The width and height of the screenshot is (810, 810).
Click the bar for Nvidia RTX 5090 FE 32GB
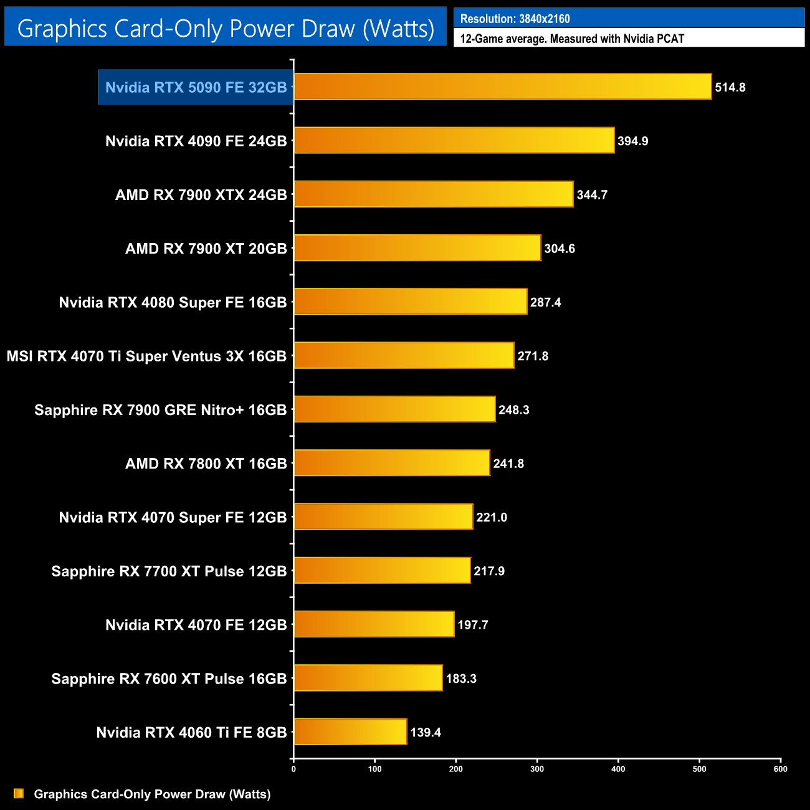tap(502, 87)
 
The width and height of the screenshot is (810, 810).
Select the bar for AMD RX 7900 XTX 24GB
tap(433, 194)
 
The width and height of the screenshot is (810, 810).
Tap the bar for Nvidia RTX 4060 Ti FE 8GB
tap(350, 731)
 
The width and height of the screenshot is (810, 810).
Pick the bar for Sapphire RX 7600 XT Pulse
tap(368, 678)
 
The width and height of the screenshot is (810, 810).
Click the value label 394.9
tap(632, 141)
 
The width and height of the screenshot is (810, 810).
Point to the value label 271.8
tap(533, 356)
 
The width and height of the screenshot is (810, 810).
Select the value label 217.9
tap(489, 571)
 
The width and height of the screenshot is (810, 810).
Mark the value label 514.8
tap(730, 87)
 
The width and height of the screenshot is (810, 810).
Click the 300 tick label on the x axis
tap(537, 769)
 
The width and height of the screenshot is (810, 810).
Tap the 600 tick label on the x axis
tap(780, 769)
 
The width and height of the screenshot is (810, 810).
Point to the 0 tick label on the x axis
tap(293, 769)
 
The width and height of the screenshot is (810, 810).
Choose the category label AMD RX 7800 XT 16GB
tap(206, 464)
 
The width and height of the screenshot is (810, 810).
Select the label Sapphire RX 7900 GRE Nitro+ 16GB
tap(160, 410)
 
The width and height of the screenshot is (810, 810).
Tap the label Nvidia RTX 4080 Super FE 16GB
tap(173, 303)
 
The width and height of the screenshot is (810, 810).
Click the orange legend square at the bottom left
tap(19, 794)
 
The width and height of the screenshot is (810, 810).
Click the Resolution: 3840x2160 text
tap(515, 19)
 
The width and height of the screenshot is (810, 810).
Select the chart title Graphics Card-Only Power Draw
tap(226, 29)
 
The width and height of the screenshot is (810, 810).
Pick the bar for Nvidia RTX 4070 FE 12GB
tap(374, 624)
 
